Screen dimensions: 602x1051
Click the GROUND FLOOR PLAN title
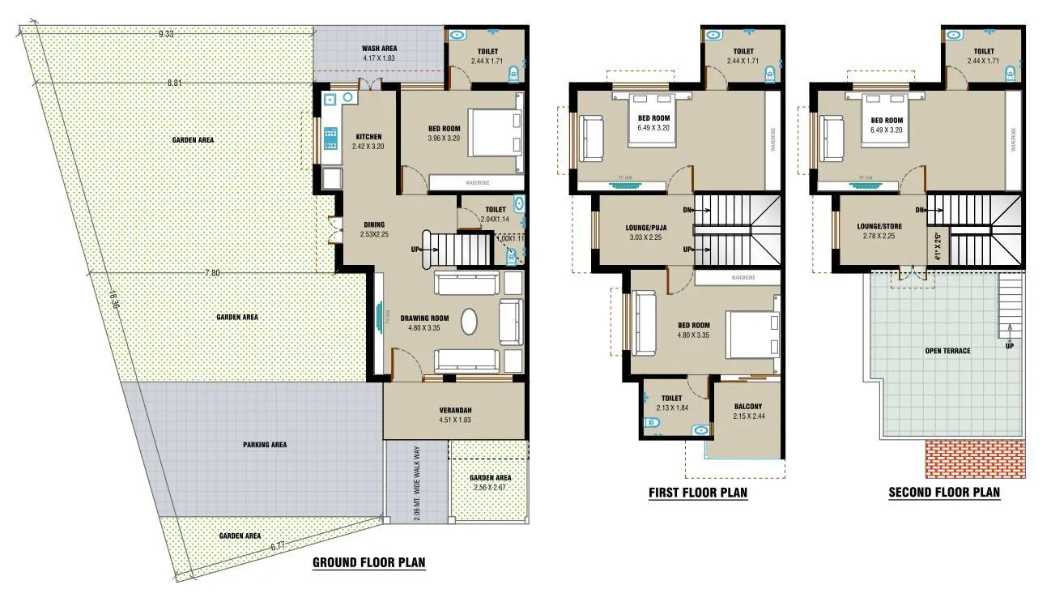(368, 562)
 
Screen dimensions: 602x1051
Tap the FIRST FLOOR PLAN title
(697, 492)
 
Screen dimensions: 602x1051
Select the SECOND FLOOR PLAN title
(944, 492)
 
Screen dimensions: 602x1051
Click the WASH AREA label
(379, 49)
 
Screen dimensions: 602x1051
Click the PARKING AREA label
(265, 445)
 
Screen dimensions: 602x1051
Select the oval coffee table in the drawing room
(470, 321)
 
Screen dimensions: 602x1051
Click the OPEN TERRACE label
(947, 351)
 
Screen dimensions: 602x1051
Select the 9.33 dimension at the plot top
(165, 33)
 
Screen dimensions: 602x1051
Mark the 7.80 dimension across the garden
(211, 273)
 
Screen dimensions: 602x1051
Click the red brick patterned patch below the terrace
(975, 459)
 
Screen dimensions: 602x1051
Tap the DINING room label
(373, 224)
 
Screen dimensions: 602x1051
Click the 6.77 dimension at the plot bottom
(277, 546)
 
